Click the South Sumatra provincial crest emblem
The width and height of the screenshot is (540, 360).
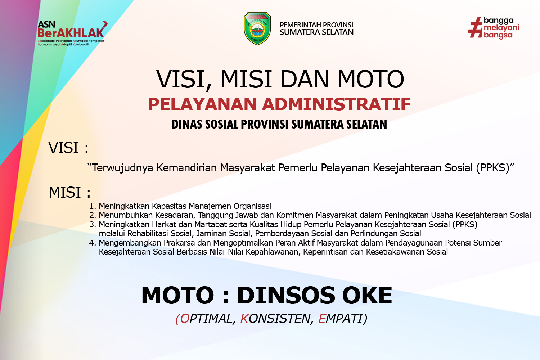tap(257, 28)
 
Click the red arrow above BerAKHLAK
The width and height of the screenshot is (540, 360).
tap(105, 24)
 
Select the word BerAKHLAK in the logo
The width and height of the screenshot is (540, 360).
tap(71, 33)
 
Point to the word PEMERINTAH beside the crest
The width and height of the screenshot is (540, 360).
tap(300, 25)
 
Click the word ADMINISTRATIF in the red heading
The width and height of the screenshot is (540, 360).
tap(336, 104)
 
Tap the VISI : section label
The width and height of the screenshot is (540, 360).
tap(68, 148)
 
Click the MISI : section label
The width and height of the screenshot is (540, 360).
tap(69, 192)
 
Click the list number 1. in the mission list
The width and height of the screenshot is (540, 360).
tap(93, 206)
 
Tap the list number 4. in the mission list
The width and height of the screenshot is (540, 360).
tap(93, 243)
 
